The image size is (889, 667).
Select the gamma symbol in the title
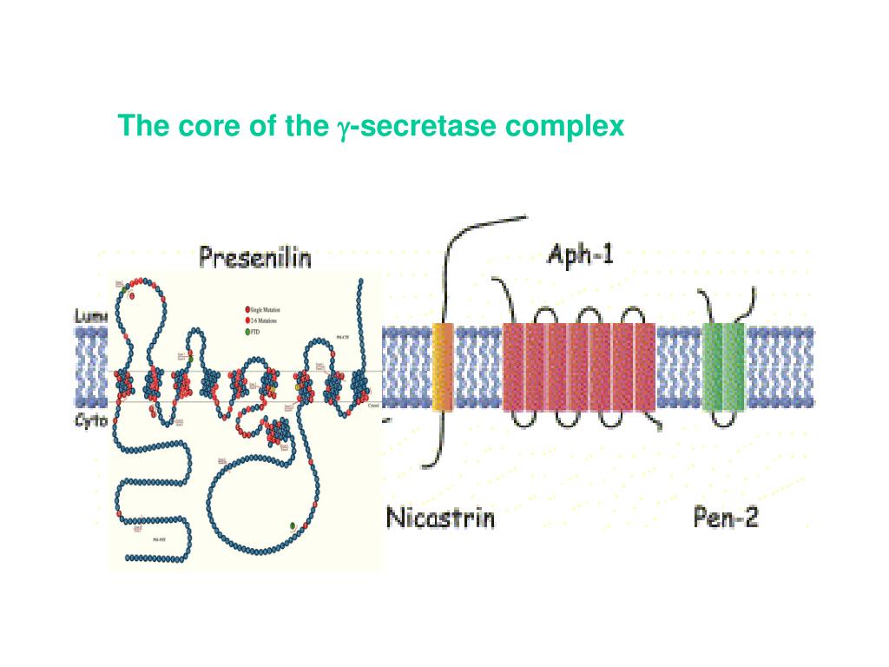click(x=344, y=129)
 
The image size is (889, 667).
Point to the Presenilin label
click(x=254, y=258)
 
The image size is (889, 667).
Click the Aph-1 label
click(x=581, y=254)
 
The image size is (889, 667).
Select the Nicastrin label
click(x=440, y=518)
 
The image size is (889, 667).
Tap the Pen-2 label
click(x=726, y=518)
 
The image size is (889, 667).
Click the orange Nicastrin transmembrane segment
click(x=443, y=366)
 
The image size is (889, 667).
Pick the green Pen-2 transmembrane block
click(x=724, y=366)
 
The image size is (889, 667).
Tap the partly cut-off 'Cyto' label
click(x=89, y=419)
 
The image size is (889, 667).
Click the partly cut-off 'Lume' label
click(x=89, y=318)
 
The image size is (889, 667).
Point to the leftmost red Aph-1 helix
click(x=513, y=366)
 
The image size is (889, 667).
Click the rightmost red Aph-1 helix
click(x=645, y=366)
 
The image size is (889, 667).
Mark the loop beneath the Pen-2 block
click(x=724, y=419)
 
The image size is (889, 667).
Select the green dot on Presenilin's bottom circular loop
click(x=293, y=526)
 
